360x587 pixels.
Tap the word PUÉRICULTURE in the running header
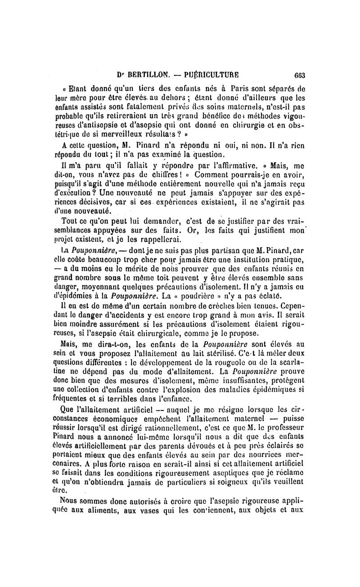[210, 76]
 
